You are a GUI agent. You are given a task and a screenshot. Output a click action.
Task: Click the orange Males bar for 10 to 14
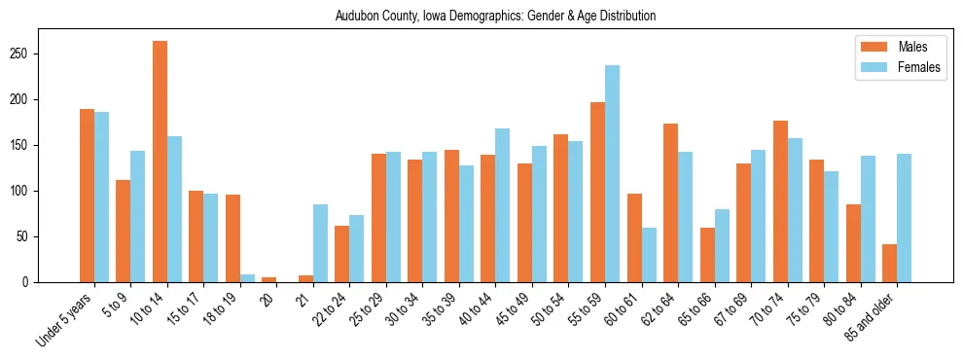160,162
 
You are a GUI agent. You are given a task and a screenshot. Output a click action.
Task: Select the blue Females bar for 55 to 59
612,174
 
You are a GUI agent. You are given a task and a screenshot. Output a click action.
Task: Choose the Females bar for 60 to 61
649,255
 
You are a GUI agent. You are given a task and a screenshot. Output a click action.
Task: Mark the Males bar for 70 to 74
780,201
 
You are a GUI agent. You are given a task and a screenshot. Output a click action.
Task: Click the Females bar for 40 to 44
503,205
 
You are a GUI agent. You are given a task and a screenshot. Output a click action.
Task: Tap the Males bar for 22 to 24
342,254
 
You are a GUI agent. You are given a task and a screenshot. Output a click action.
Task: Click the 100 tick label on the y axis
28,191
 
